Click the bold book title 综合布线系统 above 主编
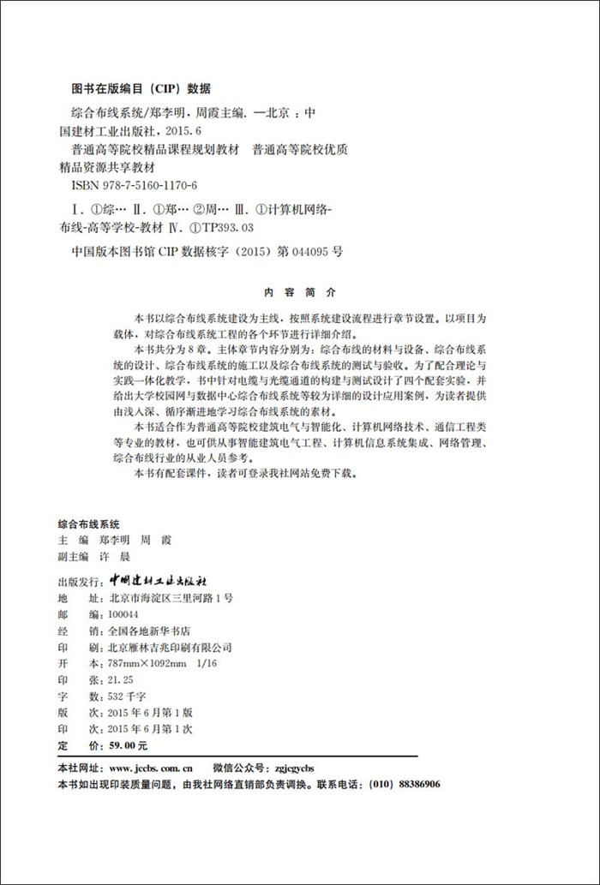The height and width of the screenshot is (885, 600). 88,523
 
